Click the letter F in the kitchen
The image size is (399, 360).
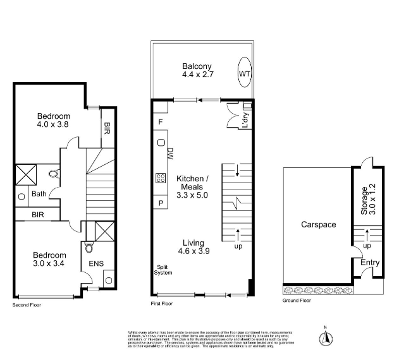click(x=161, y=121)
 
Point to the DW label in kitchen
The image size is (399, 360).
click(x=170, y=153)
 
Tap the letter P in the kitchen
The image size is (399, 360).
click(x=161, y=203)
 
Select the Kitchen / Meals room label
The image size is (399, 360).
click(x=192, y=187)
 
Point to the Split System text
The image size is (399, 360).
click(x=164, y=270)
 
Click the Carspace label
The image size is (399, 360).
click(x=318, y=224)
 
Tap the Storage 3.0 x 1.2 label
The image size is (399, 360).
click(x=368, y=199)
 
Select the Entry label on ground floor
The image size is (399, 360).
click(x=370, y=262)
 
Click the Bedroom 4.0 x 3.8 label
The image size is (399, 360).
click(x=53, y=121)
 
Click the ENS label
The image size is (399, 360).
click(x=97, y=263)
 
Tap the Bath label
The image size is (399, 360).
click(x=40, y=194)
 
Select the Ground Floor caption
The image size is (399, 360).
click(x=297, y=301)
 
